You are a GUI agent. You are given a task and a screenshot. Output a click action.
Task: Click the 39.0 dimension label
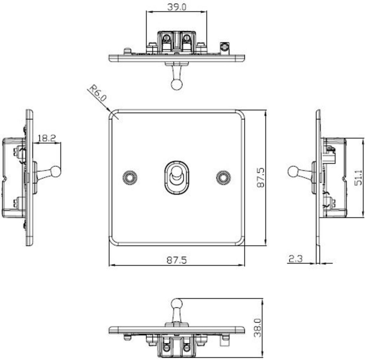pyautogui.click(x=177, y=7)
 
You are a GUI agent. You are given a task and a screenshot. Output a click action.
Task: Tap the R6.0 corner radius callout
pyautogui.click(x=97, y=94)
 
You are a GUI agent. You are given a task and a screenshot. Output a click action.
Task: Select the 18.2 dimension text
pyautogui.click(x=47, y=139)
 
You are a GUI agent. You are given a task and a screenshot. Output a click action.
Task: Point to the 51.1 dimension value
pyautogui.click(x=359, y=177)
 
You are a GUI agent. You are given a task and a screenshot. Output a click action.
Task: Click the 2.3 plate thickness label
pyautogui.click(x=295, y=259)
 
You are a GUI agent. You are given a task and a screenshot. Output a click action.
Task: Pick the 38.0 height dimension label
pyautogui.click(x=258, y=327)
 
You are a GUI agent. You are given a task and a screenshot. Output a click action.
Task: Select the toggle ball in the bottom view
pyautogui.click(x=177, y=304)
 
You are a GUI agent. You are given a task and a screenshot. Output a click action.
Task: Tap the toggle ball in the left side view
pyautogui.click(x=56, y=171)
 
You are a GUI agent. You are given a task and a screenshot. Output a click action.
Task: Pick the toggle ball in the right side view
pyautogui.click(x=293, y=171)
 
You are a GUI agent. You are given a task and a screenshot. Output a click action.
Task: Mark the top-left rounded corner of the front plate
pyautogui.click(x=113, y=113)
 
